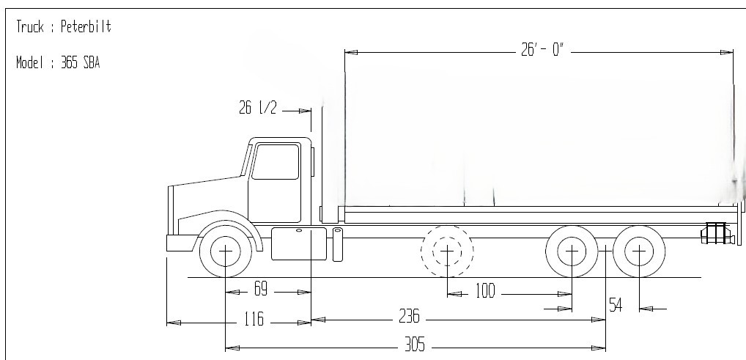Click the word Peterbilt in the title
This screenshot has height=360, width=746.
click(86, 28)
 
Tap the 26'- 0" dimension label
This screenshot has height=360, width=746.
click(542, 51)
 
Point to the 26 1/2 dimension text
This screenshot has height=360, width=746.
click(258, 109)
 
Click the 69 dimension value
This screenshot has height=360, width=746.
click(260, 290)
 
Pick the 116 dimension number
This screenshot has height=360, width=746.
click(254, 320)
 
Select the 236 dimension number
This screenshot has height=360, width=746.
click(409, 317)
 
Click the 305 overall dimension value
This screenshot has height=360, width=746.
click(415, 345)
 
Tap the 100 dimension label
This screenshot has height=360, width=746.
click(485, 292)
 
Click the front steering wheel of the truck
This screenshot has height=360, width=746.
click(225, 251)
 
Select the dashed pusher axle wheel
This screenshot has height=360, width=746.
click(447, 251)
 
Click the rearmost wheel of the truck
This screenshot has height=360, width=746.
click(639, 251)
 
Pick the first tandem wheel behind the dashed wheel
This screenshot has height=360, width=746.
click(572, 251)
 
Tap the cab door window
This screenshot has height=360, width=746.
click(276, 161)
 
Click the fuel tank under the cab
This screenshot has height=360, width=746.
click(299, 243)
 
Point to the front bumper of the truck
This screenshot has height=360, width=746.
click(180, 243)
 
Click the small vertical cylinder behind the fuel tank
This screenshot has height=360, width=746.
click(337, 244)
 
